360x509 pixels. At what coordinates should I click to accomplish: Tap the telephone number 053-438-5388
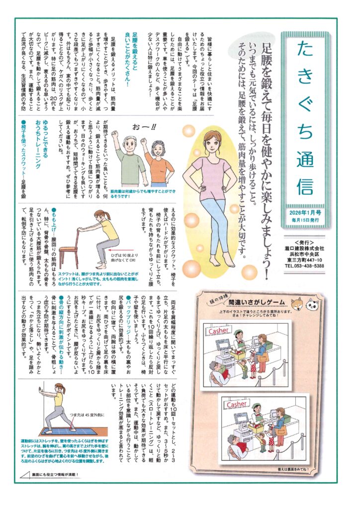point(305,266)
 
